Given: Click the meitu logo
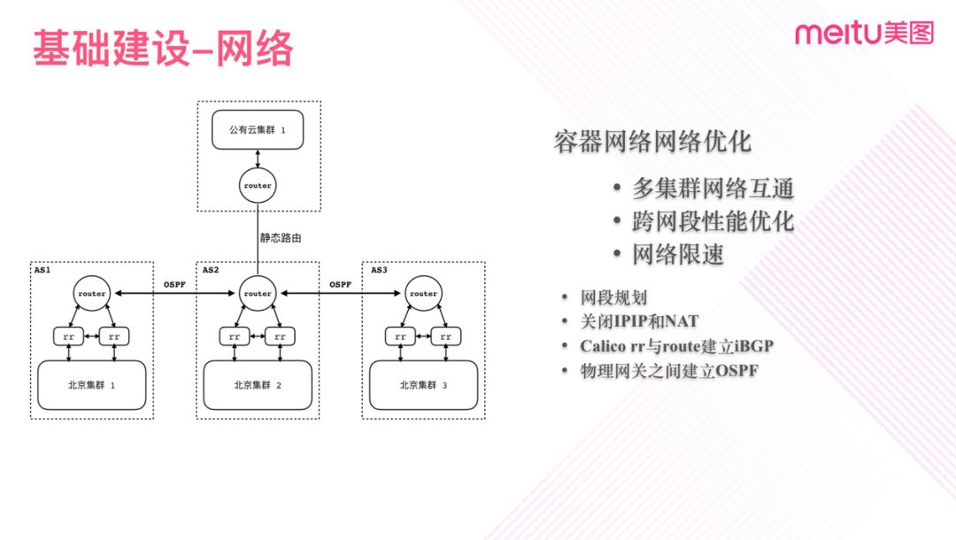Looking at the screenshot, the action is point(864,33).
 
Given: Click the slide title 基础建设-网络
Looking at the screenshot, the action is point(164,48).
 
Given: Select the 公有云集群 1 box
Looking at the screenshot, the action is point(258,129).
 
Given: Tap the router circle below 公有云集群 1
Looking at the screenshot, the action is point(258,185).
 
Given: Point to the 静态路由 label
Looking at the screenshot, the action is point(281,238).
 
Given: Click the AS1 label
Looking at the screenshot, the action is point(42,270).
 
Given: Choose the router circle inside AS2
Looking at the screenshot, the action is point(258,293).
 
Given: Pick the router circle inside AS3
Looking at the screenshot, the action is point(423,293).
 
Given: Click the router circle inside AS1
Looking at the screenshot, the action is point(91,293).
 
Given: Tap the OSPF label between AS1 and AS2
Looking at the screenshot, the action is point(174,285).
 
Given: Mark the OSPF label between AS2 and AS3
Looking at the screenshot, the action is point(340,285).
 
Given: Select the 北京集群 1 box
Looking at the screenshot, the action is point(91,385).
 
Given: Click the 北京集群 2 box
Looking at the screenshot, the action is point(258,385).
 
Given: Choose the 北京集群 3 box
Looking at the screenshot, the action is point(423,385).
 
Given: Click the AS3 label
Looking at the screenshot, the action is point(379,270).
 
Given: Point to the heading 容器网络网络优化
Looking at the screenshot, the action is point(652,142).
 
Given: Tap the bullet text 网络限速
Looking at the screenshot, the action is point(677,254).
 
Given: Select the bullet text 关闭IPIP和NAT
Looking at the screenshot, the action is point(639,321).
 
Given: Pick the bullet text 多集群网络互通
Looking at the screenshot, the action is point(713,189).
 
